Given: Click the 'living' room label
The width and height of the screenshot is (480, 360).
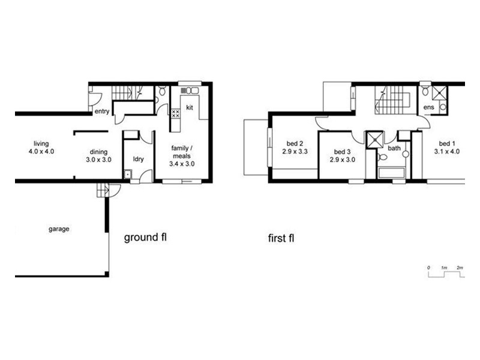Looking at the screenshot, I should pyautogui.click(x=41, y=143).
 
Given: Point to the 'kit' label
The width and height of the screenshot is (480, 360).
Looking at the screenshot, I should pyautogui.click(x=189, y=108).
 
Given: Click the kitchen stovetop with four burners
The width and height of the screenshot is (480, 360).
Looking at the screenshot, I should pyautogui.click(x=176, y=112).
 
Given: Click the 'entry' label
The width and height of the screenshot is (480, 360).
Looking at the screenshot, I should pyautogui.click(x=101, y=112).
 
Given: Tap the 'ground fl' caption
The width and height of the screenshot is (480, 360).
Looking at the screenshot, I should pyautogui.click(x=145, y=238).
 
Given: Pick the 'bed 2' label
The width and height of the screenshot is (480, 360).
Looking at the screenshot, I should pyautogui.click(x=293, y=143).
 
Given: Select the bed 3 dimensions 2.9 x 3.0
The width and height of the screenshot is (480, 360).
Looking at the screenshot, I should pyautogui.click(x=343, y=160).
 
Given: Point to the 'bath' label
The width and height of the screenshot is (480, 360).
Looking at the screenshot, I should pyautogui.click(x=394, y=148).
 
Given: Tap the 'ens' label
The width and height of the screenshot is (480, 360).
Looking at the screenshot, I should pyautogui.click(x=428, y=108).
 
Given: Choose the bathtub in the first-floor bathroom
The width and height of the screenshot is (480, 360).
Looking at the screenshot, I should pyautogui.click(x=394, y=175).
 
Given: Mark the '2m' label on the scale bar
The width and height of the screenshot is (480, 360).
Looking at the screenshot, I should pyautogui.click(x=460, y=266).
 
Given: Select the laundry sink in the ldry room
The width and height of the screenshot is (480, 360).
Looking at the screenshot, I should pyautogui.click(x=128, y=175).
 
